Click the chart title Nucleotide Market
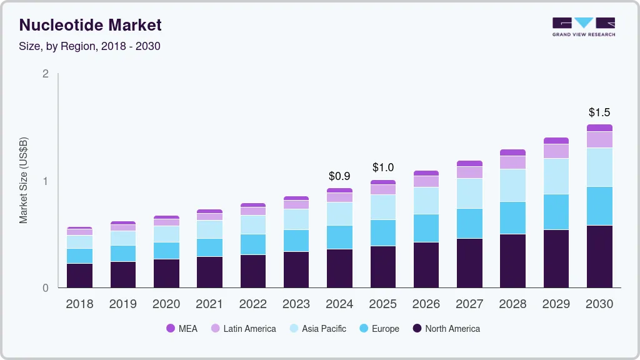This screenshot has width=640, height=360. [x=91, y=25]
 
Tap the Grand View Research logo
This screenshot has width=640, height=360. [x=583, y=26]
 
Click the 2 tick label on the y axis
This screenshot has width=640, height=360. [x=45, y=74]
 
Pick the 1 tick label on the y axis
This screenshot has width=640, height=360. [x=45, y=181]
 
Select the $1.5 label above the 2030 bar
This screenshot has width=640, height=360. [x=599, y=112]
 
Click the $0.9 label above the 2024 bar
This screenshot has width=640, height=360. [x=339, y=176]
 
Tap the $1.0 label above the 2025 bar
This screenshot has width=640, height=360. [x=382, y=167]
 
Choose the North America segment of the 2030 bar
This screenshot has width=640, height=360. [x=599, y=256]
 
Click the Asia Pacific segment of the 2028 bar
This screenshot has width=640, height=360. [x=512, y=185]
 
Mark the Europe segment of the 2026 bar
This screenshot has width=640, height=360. [x=426, y=228]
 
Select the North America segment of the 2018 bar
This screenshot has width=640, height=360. [x=79, y=276]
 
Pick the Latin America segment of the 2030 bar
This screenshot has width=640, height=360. [x=599, y=139]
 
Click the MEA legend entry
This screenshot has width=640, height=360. [x=181, y=328]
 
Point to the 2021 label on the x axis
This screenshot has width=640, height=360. [x=209, y=304]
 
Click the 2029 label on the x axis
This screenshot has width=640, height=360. [x=556, y=304]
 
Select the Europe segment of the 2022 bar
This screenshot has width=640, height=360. [x=252, y=244]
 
